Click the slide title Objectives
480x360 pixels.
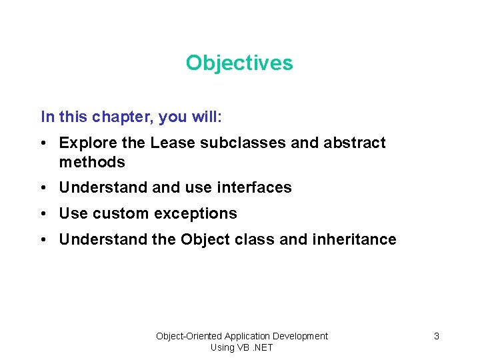239,63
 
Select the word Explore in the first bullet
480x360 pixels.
83,143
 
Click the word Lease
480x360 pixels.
170,143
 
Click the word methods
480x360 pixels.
92,162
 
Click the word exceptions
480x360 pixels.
195,214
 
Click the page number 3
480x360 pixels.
437,336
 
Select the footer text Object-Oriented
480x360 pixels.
189,336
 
